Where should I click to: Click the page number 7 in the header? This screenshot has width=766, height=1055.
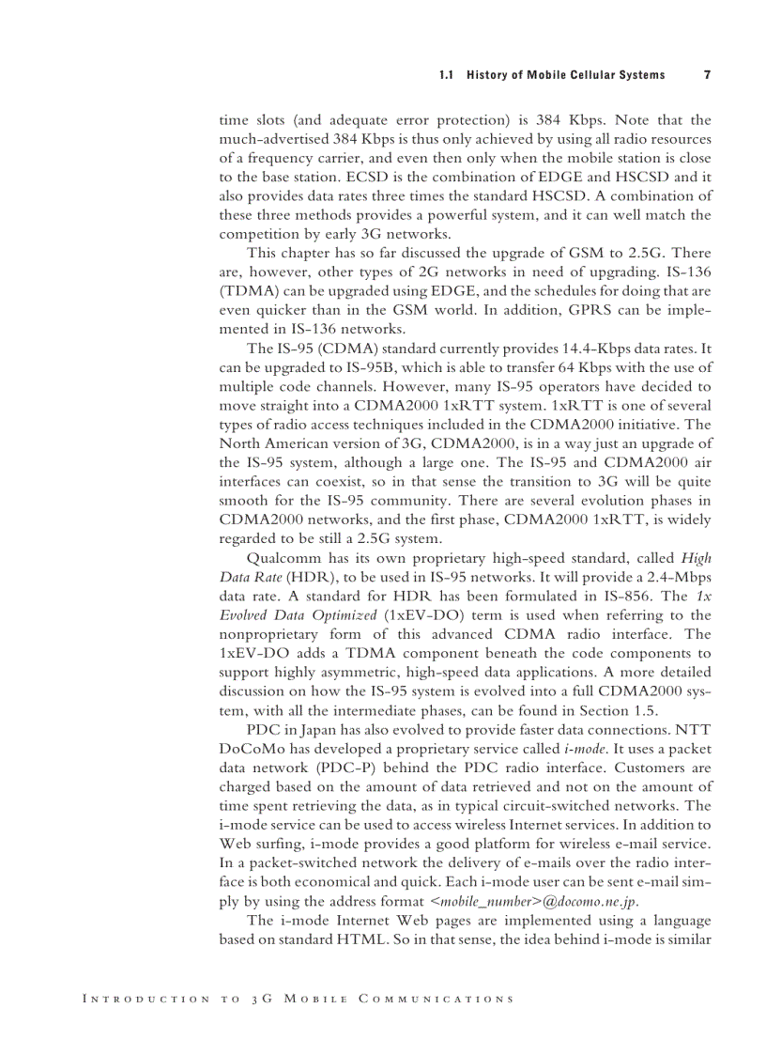click(x=707, y=75)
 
